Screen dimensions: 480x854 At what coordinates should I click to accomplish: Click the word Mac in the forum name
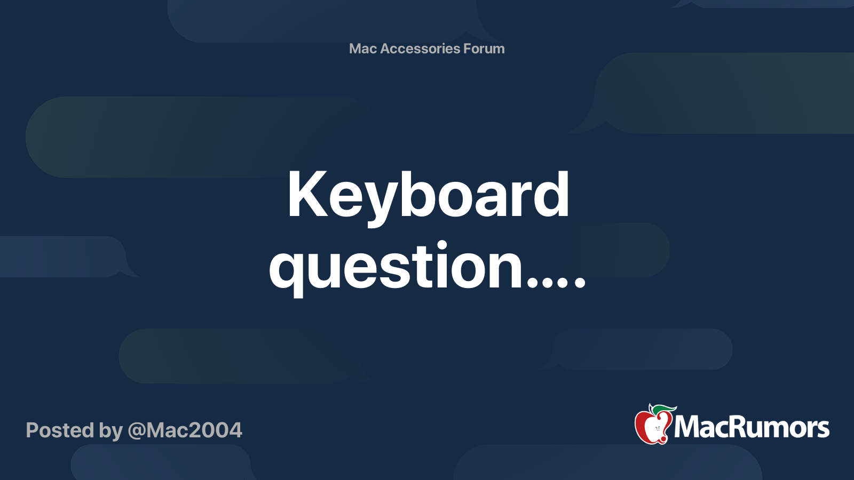point(363,49)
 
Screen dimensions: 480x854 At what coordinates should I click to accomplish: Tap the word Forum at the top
point(484,49)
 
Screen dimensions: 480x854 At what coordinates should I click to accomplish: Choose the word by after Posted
point(110,431)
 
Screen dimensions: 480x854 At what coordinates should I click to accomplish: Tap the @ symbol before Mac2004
point(137,431)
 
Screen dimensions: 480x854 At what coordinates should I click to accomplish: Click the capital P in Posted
point(32,430)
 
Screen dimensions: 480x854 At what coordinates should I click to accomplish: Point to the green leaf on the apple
point(664,409)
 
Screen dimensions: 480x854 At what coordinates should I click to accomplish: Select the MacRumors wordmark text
point(752,427)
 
